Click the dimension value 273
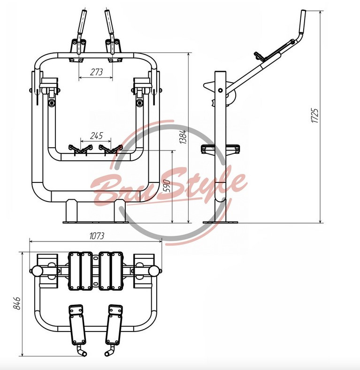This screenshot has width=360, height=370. [96, 72]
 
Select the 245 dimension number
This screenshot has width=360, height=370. [96, 136]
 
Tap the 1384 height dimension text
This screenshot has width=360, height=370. [183, 137]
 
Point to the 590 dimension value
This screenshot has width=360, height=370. [167, 186]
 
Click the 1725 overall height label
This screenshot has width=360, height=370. [314, 115]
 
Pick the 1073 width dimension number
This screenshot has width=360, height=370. [97, 236]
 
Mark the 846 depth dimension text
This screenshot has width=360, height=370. [16, 303]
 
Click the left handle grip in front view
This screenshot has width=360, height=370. [82, 23]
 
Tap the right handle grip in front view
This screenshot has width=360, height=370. [109, 23]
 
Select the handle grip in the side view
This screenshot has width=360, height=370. [302, 22]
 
